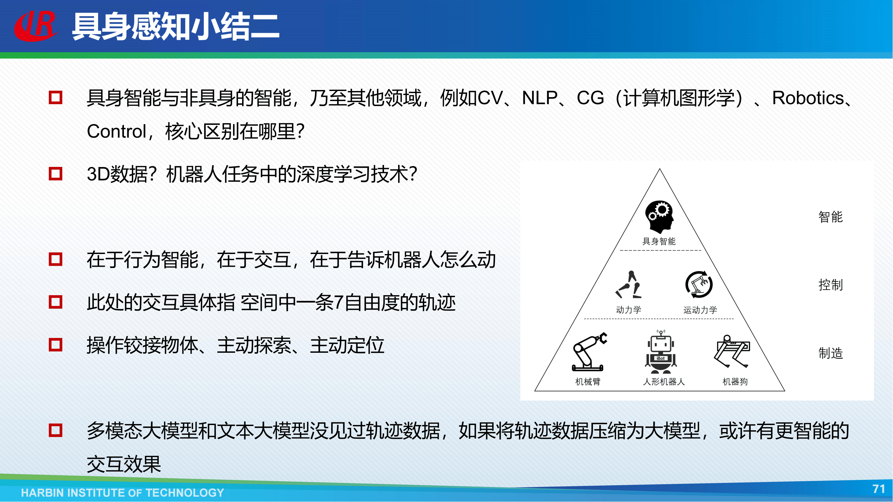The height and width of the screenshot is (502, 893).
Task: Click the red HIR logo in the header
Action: click(36, 26)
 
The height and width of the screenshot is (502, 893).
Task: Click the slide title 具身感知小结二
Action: click(175, 27)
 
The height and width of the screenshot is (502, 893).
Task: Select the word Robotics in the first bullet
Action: click(808, 98)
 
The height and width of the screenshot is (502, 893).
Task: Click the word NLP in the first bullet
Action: click(539, 98)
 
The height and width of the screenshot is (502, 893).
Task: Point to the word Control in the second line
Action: click(117, 132)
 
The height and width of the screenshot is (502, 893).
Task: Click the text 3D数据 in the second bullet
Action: click(118, 174)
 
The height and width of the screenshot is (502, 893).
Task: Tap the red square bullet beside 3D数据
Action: click(56, 174)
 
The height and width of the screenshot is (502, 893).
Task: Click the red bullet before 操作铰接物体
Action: click(56, 345)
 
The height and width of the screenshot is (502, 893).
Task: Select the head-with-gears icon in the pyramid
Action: click(659, 217)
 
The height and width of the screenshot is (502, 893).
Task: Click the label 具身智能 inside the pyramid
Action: click(659, 242)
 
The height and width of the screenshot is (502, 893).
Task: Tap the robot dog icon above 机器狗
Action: click(732, 351)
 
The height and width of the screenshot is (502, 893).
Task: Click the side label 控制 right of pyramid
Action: click(831, 285)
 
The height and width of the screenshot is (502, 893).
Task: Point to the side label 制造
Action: click(831, 353)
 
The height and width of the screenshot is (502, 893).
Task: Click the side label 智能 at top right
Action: click(831, 217)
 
